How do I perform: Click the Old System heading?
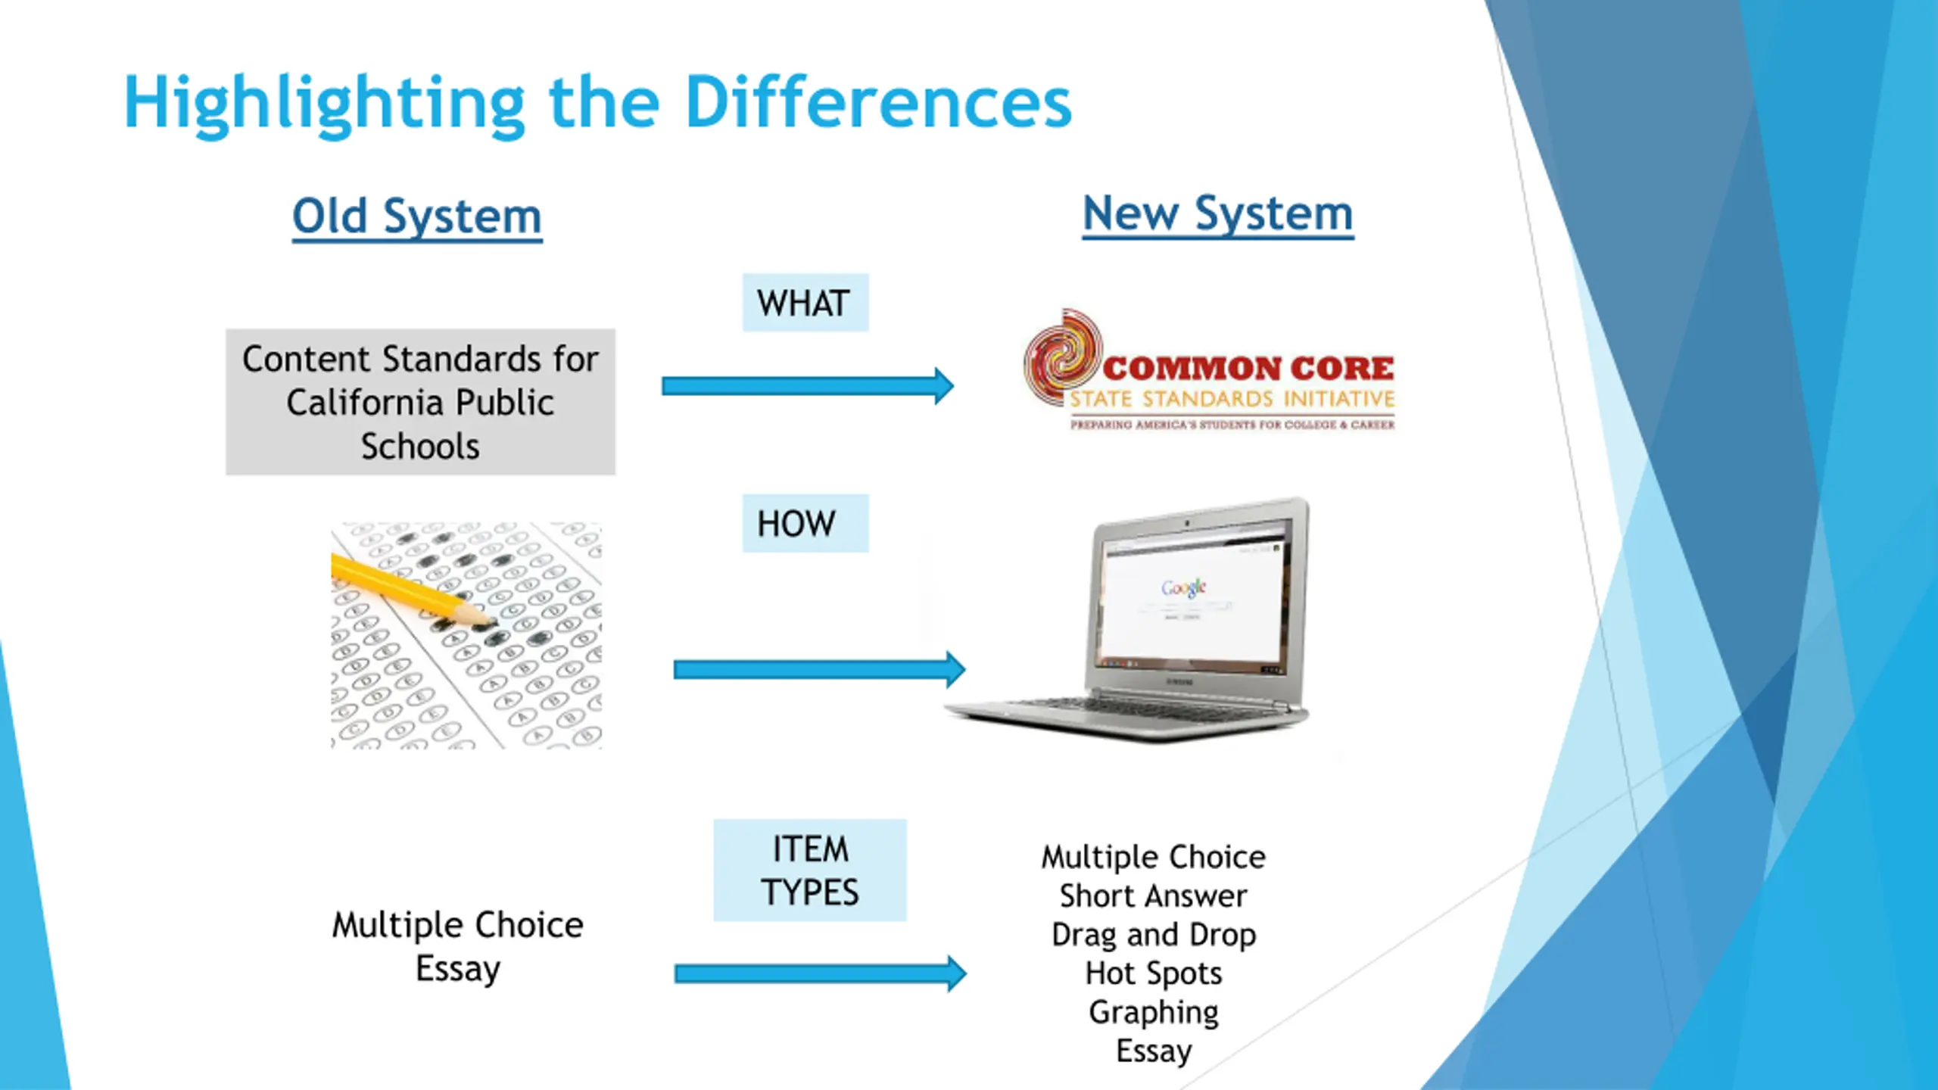[417, 217]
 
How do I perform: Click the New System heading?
[1217, 214]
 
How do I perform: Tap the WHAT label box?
[805, 303]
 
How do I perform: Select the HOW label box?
[805, 523]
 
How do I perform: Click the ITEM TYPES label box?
[809, 870]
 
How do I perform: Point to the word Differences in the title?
[878, 103]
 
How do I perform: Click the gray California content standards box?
[420, 402]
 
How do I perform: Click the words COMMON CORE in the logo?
[1248, 369]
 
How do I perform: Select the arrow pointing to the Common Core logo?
[807, 386]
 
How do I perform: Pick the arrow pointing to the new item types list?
[820, 973]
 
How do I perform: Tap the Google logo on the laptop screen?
[1183, 587]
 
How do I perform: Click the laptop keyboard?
[1136, 708]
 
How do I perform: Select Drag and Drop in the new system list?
[1154, 935]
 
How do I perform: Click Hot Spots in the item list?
[1154, 973]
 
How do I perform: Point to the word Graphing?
[1154, 1012]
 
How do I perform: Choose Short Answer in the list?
[1154, 896]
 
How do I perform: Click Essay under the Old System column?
[458, 969]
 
